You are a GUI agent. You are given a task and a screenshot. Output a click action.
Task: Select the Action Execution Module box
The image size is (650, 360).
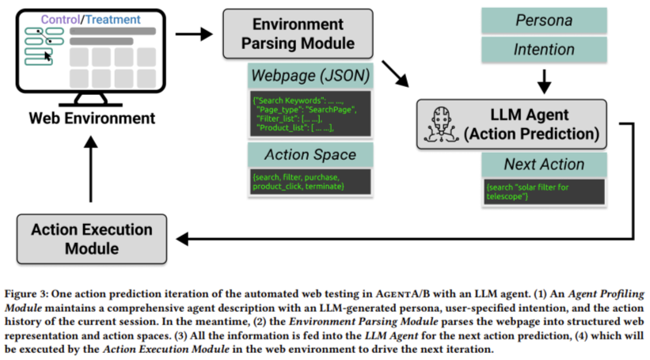(91, 239)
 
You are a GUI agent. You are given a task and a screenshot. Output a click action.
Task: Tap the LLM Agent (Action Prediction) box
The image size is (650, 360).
(510, 124)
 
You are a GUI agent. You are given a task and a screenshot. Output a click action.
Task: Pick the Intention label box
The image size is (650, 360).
(543, 51)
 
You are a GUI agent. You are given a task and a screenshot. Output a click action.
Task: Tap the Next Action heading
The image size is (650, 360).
(544, 165)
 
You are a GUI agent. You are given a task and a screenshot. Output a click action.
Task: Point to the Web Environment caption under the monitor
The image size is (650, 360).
(93, 119)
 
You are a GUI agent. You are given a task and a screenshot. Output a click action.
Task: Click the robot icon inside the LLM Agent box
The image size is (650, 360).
(439, 124)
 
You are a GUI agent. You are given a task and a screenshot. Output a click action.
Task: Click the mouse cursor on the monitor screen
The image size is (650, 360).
(48, 55)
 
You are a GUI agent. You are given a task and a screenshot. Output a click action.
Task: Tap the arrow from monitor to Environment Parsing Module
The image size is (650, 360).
(193, 34)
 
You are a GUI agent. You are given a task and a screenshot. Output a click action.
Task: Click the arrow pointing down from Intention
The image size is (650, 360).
(543, 79)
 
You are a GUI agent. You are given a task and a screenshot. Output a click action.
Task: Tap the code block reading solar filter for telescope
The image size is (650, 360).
(544, 190)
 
